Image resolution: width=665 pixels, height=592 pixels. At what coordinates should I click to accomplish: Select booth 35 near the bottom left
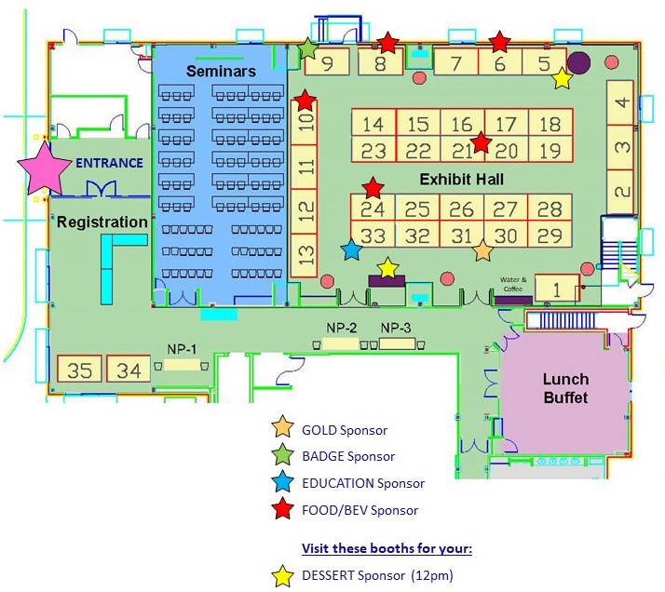tap(80, 369)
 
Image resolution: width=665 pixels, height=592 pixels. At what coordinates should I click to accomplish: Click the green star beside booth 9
tap(307, 48)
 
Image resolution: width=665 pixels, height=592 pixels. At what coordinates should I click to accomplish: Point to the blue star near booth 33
tap(351, 249)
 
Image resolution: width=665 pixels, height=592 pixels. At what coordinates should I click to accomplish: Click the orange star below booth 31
tap(482, 251)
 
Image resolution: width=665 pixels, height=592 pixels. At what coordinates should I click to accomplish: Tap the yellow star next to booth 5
tap(562, 78)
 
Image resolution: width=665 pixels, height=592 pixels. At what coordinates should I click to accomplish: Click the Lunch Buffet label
tap(565, 388)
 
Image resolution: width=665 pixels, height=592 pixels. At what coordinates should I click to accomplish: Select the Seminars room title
tap(221, 71)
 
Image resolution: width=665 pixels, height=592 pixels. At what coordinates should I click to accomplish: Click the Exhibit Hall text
tap(461, 180)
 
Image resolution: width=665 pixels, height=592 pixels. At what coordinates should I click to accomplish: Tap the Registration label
tap(102, 222)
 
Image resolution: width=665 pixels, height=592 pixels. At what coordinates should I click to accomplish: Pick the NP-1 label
tap(182, 349)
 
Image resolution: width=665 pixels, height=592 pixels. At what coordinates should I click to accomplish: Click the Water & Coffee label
tap(513, 284)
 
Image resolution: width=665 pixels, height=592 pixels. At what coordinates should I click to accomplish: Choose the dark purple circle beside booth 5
tap(578, 62)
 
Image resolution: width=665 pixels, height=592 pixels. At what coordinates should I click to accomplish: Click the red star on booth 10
tap(305, 101)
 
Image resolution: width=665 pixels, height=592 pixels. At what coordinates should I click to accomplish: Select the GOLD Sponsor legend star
tap(283, 426)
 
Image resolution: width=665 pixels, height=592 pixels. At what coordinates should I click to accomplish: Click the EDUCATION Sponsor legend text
tap(363, 483)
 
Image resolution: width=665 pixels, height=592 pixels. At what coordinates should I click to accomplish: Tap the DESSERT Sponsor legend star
tap(283, 576)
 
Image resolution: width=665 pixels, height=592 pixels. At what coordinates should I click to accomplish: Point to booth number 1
tap(557, 289)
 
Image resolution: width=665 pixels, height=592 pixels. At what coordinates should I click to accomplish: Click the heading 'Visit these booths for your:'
tap(387, 548)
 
